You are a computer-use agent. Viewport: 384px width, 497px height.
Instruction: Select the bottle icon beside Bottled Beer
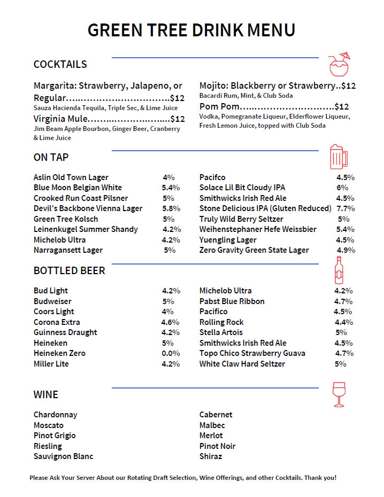coord(338,270)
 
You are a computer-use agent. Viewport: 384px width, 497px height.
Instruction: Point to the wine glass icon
coord(339,394)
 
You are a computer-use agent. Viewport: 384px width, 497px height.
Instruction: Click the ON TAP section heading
coord(51,157)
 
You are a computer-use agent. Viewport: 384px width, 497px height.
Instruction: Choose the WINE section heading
coord(46,395)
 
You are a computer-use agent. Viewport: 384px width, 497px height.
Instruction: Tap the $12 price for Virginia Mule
coord(177,119)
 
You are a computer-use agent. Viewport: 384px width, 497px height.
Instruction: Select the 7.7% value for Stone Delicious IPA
coord(345,208)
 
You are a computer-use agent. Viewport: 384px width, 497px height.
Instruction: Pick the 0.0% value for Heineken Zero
coord(171,353)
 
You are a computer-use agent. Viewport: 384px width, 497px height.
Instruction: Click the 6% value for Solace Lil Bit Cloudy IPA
coord(342,188)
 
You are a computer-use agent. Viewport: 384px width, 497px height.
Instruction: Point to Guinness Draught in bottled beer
coord(65,332)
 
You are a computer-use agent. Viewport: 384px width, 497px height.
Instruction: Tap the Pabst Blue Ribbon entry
coord(232,301)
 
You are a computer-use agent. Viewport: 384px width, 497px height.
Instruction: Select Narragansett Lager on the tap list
coord(68,250)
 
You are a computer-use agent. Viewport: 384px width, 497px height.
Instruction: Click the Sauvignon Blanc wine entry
coord(63,456)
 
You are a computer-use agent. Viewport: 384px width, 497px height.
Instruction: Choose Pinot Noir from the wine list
coord(217,446)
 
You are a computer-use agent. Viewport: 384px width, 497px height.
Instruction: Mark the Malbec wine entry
coord(212,425)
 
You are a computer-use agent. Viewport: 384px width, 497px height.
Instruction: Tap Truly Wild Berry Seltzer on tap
coord(241,219)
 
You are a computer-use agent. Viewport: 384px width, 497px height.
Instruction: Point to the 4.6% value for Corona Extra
coord(171,322)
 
